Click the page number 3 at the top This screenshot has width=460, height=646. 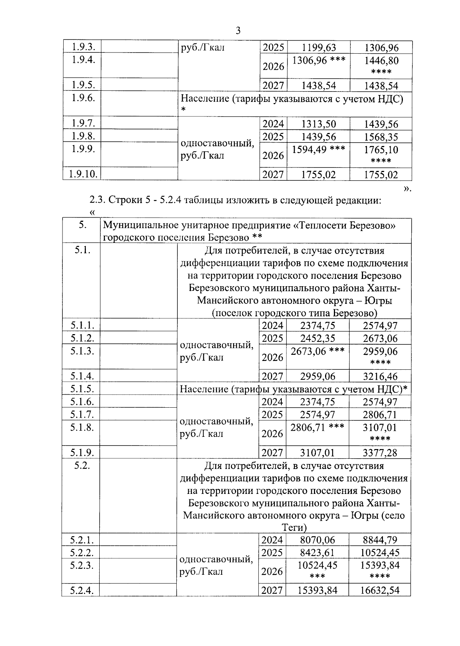pos(238,31)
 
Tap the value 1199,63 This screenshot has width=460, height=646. pos(319,48)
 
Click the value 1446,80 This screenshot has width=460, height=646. pos(381,61)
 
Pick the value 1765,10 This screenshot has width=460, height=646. pos(381,150)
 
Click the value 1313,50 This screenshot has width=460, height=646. pos(319,124)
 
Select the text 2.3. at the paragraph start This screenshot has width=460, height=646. pos(97,200)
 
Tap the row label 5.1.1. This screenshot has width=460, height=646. pos(82,325)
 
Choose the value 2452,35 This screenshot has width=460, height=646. pos(318,338)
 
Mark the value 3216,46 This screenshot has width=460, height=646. pos(380,376)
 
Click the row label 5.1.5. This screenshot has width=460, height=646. pos(82,389)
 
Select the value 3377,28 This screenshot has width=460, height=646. pos(380,453)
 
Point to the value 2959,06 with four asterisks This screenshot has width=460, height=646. pos(380,351)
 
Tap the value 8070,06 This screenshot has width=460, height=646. pos(318,540)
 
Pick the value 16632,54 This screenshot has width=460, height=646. pos(380,590)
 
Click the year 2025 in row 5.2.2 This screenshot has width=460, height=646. pos(272,553)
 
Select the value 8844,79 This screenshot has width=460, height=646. pos(380,540)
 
